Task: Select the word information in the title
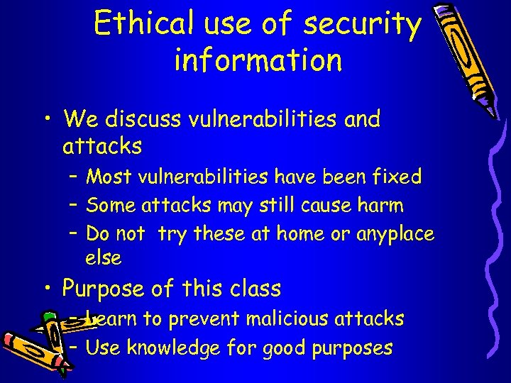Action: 258,60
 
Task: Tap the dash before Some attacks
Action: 74,206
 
